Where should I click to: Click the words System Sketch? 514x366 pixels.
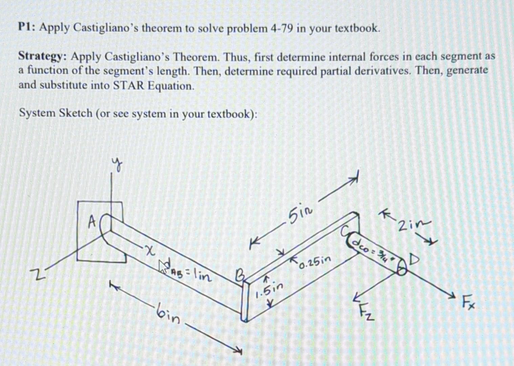point(55,113)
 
